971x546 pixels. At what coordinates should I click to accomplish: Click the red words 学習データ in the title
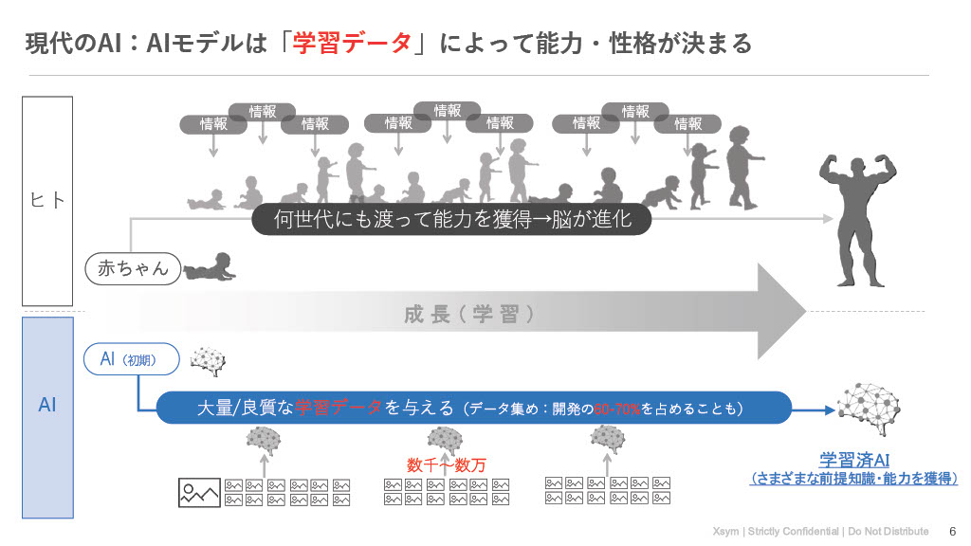pos(352,43)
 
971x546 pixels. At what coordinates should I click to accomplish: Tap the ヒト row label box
pos(47,200)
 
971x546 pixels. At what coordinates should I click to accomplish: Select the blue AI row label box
pos(47,405)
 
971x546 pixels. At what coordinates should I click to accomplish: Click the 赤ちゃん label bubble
pos(133,268)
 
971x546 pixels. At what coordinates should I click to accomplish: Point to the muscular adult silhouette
pos(859,219)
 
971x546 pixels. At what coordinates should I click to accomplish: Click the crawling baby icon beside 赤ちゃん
pos(209,266)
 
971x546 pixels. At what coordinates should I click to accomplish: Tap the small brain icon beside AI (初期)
pos(209,361)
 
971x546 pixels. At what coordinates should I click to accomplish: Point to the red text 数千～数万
pos(446,464)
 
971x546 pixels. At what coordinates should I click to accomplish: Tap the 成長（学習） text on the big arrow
pos(469,315)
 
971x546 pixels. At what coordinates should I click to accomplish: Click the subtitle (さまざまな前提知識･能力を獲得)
pos(853,480)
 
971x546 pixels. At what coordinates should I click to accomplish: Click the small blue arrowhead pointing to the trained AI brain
pos(831,409)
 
